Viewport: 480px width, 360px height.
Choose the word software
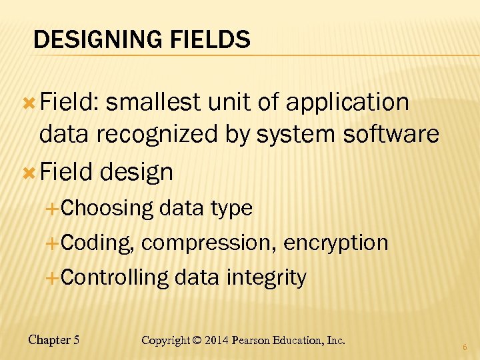(391, 134)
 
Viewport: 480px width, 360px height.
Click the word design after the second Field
(137, 172)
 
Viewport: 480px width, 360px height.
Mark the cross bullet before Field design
(29, 173)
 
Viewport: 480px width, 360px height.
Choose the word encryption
(336, 243)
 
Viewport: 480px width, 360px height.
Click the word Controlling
(115, 277)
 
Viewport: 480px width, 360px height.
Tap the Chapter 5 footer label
(54, 340)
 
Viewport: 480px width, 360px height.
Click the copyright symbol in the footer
(197, 340)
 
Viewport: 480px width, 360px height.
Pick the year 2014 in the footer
(217, 340)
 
